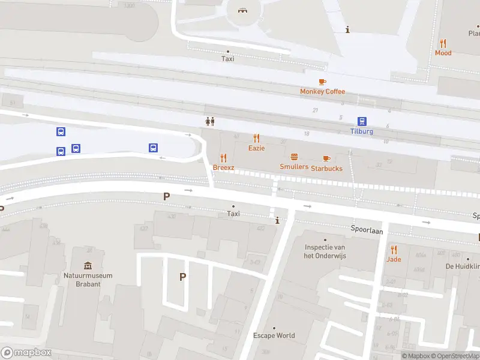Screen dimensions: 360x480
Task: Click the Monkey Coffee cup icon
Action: (x=322, y=82)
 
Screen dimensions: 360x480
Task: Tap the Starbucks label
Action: (x=326, y=169)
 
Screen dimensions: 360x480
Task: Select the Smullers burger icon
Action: (x=294, y=157)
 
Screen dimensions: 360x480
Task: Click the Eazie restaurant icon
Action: (x=257, y=138)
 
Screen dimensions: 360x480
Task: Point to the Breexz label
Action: (x=223, y=167)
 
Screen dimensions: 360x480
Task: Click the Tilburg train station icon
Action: (x=362, y=121)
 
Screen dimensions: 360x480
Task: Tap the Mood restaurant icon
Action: (x=443, y=43)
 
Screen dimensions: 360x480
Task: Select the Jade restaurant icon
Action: (x=394, y=250)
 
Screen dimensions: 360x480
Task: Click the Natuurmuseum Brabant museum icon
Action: (x=88, y=266)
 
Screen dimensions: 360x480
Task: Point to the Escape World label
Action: (x=274, y=335)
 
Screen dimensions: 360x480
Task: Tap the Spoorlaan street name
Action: (x=367, y=230)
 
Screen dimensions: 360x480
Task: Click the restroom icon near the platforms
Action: (x=209, y=121)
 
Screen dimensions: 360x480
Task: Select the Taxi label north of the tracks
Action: (x=227, y=59)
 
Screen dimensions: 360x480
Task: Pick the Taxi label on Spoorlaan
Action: (x=233, y=214)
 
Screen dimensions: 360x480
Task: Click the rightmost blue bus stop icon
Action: (x=153, y=148)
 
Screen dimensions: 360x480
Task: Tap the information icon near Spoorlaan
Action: (x=277, y=221)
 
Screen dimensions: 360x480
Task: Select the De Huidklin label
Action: (x=462, y=266)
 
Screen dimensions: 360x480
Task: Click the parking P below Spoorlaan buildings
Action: (x=182, y=277)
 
